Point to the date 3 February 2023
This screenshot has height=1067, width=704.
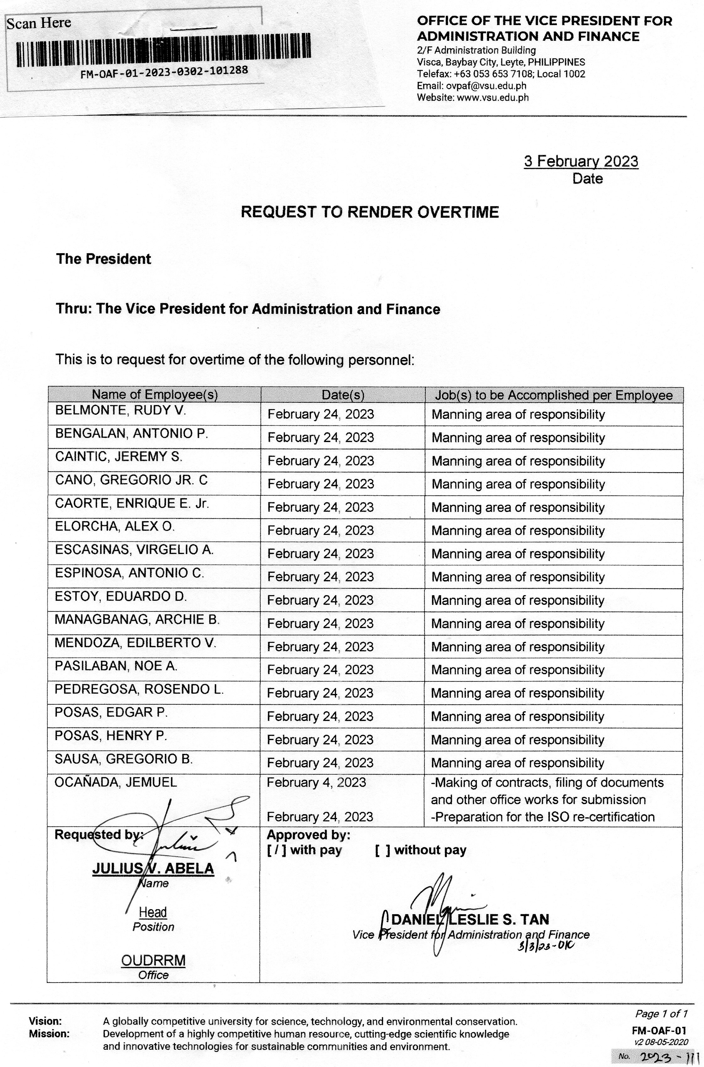click(581, 161)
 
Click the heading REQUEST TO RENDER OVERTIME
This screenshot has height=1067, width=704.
click(370, 212)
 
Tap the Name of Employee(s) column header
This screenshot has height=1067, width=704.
click(154, 395)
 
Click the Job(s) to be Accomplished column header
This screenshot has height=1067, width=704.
click(554, 395)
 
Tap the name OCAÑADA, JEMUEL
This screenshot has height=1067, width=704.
click(116, 782)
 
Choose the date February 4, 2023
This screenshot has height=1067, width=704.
click(316, 782)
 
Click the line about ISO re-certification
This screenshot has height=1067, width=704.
click(542, 817)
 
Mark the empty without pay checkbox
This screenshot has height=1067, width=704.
click(382, 850)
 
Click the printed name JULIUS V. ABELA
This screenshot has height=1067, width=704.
click(153, 869)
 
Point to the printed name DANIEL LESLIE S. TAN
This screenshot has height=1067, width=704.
click(470, 920)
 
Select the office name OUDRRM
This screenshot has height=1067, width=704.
click(153, 961)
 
